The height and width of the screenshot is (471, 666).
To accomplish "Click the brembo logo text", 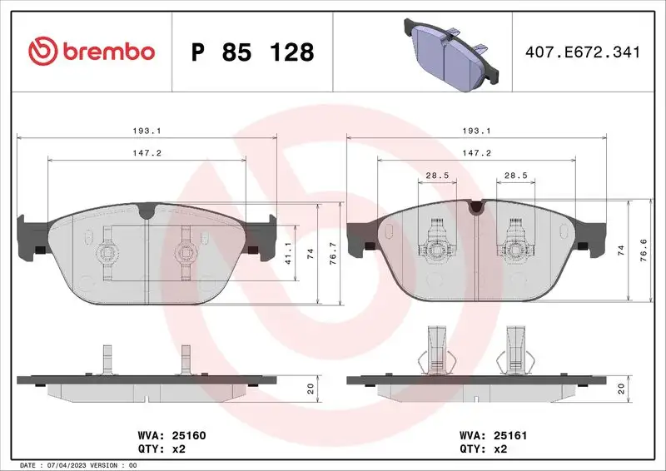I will pos(92,52).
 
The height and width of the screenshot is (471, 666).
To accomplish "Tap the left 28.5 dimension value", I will pos(437,176).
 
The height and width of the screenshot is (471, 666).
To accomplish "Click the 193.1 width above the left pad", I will pos(146,131).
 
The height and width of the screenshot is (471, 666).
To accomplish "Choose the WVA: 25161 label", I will pos(495,434).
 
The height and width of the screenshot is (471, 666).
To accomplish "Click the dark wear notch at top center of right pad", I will pos(475,207).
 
